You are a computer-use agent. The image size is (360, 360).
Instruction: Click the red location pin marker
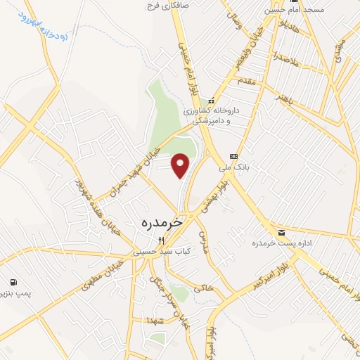click(181, 165)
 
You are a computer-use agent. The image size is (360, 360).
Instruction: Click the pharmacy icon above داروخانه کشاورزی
click(210, 101)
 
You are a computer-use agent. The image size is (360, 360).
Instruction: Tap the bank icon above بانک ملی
click(233, 156)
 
